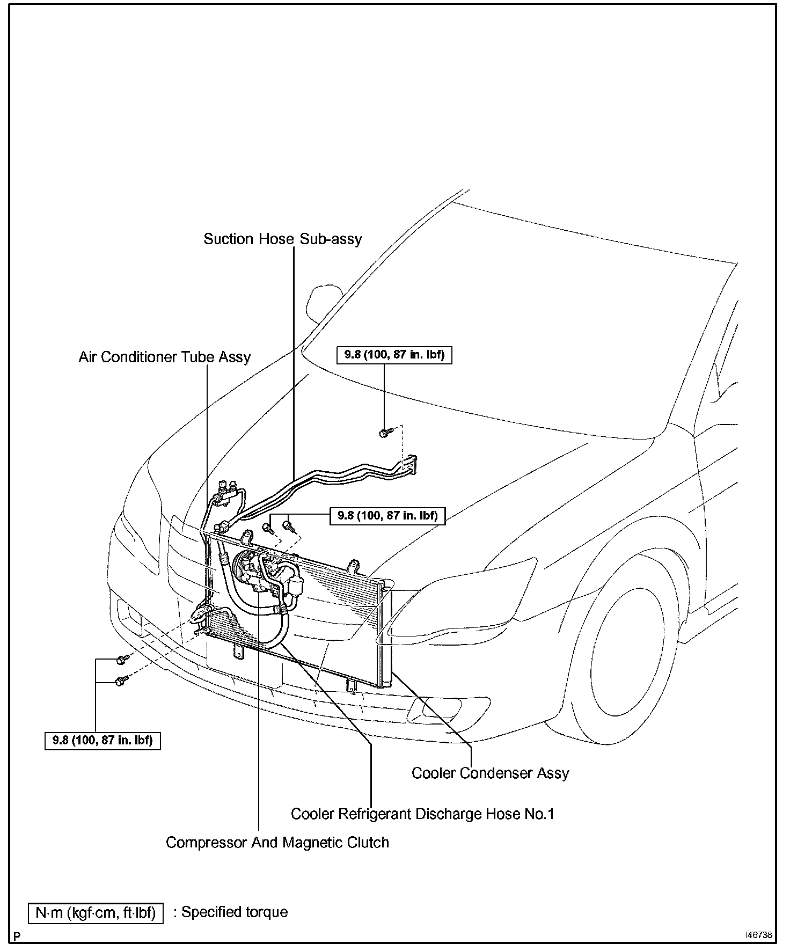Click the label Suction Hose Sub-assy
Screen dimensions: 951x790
[283, 239]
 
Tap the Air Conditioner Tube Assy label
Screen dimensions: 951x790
[164, 357]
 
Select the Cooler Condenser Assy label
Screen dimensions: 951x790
[490, 773]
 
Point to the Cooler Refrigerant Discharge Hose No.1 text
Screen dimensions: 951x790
[422, 814]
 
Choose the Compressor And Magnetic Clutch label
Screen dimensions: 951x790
[277, 843]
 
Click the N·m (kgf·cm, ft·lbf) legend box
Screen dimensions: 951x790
[96, 913]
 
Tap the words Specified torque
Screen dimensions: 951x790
[235, 912]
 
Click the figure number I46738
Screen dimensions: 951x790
[758, 935]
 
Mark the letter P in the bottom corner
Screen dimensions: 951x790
[17, 937]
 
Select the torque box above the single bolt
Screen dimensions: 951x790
[394, 355]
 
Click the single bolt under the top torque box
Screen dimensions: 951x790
[384, 432]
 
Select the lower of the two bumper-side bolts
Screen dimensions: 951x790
[121, 681]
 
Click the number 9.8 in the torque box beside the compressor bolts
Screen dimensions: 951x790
[349, 516]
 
